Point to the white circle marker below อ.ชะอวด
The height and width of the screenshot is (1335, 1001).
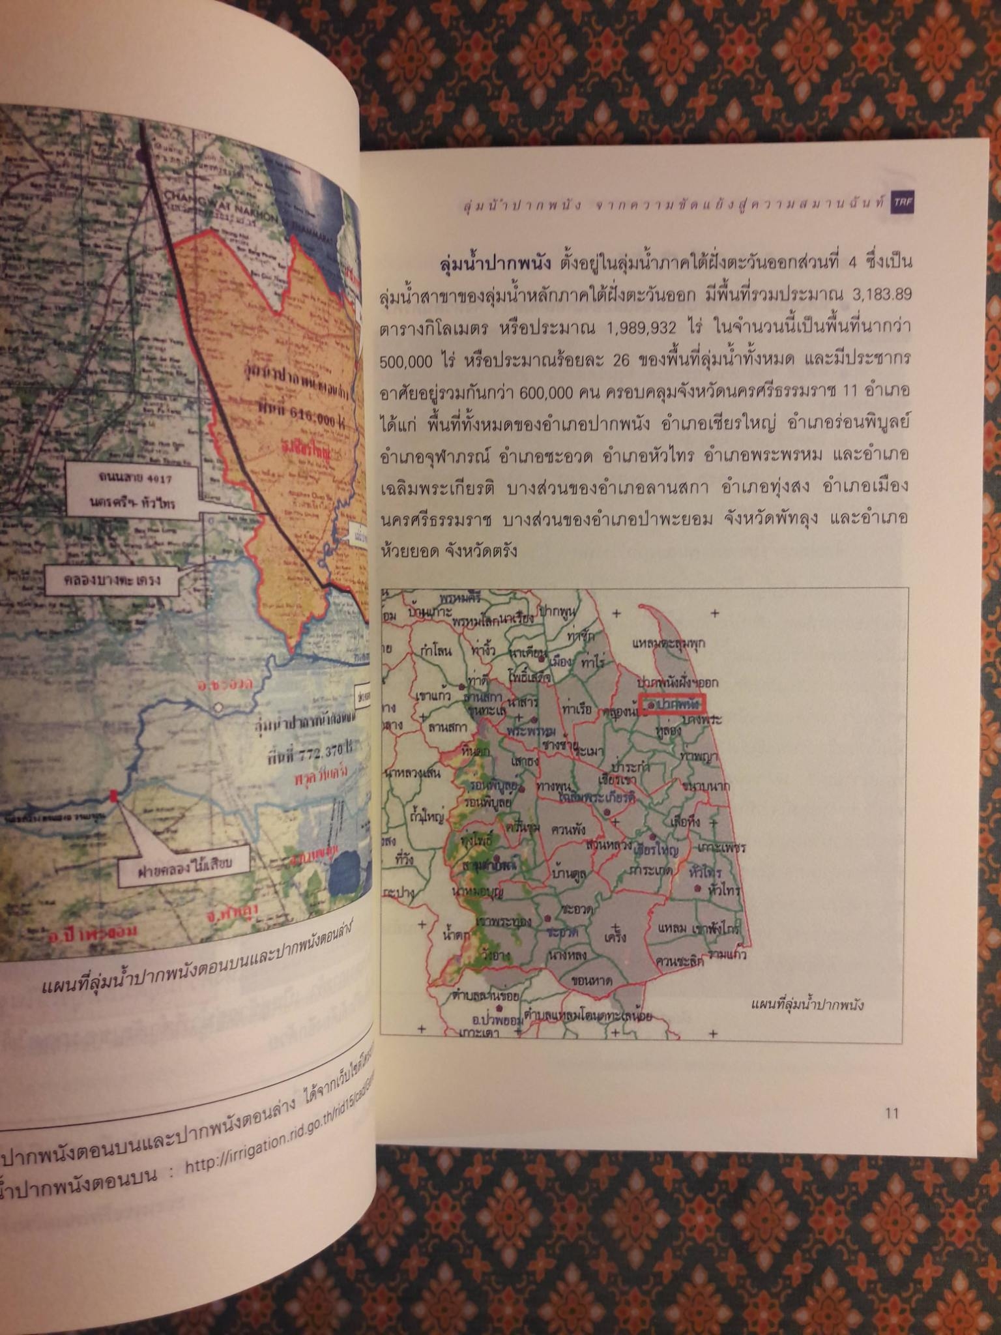219,707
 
